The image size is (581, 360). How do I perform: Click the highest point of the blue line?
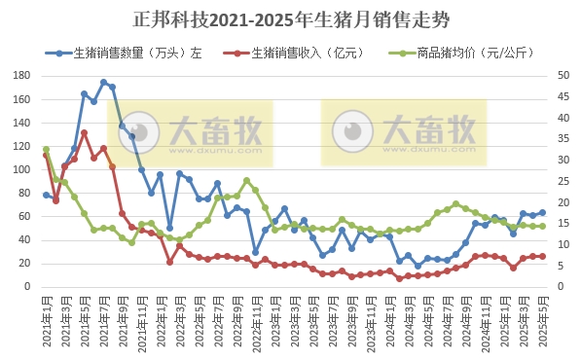pyautogui.click(x=103, y=83)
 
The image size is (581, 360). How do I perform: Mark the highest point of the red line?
pyautogui.click(x=85, y=132)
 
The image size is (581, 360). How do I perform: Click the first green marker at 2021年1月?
pyautogui.click(x=46, y=149)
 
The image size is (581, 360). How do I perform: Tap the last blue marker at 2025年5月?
pyautogui.click(x=542, y=212)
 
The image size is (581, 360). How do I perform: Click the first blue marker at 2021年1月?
pyautogui.click(x=46, y=195)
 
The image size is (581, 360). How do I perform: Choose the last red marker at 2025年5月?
pyautogui.click(x=542, y=256)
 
